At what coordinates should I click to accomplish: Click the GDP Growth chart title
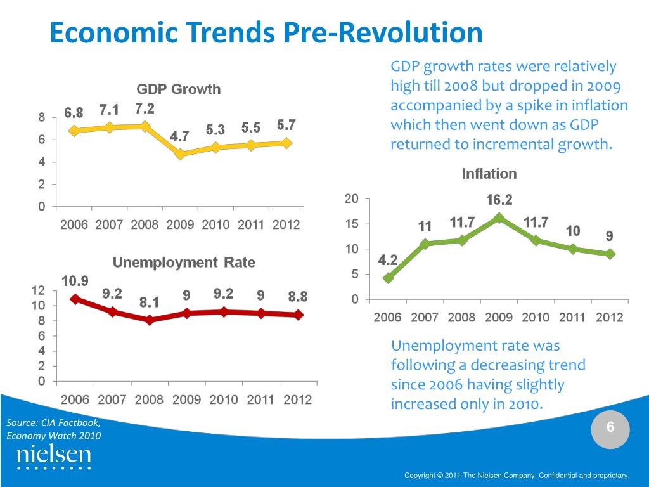[179, 89]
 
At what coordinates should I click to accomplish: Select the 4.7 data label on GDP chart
[180, 136]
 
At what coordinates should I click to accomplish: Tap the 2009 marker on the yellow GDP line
[181, 153]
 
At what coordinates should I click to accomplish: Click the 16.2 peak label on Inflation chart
[499, 200]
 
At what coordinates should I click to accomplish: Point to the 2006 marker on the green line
[389, 278]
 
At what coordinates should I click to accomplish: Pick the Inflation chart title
[489, 174]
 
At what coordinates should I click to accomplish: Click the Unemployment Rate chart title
[184, 263]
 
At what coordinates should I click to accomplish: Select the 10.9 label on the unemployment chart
[75, 281]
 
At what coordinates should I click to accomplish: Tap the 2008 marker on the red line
[150, 320]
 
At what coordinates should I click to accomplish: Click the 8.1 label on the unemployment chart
[150, 302]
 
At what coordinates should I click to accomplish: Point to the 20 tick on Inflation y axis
[352, 199]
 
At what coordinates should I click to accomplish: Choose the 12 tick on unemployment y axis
[38, 290]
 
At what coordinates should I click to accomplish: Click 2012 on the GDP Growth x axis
[286, 225]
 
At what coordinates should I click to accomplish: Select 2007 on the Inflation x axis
[425, 318]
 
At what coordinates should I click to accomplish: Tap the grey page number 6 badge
[610, 429]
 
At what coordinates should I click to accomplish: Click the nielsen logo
[54, 457]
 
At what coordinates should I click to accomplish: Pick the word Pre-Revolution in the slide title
[383, 33]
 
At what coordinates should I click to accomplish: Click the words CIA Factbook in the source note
[70, 423]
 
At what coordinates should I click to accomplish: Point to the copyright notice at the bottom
[517, 475]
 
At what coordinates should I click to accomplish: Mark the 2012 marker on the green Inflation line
[610, 254]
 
